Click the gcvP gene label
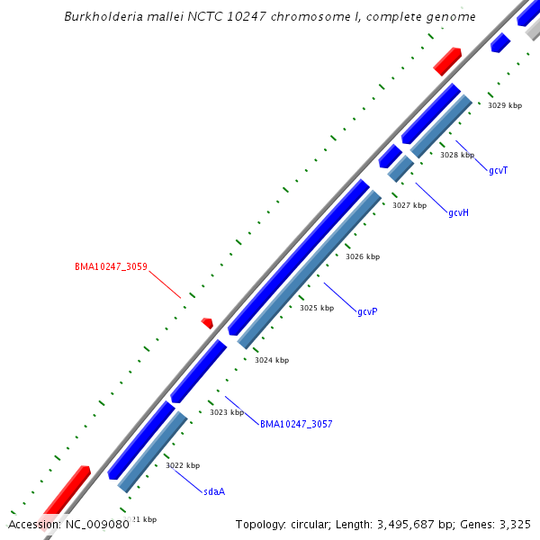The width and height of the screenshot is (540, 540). [367, 312]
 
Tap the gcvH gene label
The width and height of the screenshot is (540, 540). [458, 213]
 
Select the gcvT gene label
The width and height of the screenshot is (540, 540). [499, 171]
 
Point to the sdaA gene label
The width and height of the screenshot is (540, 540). [214, 492]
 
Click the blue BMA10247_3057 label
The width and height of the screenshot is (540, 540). [296, 424]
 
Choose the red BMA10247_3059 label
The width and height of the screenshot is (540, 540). [111, 267]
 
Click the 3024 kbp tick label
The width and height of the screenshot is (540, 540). [272, 360]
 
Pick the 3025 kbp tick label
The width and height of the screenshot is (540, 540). [317, 308]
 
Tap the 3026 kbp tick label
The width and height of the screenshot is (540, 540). [363, 256]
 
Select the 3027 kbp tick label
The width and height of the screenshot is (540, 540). [409, 205]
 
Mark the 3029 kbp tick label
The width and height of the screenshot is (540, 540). [505, 105]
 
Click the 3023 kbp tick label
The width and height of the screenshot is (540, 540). [227, 412]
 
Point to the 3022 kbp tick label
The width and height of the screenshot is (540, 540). [183, 465]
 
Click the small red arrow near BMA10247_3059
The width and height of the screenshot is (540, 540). [207, 322]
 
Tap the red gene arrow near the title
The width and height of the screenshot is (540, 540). [447, 61]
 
